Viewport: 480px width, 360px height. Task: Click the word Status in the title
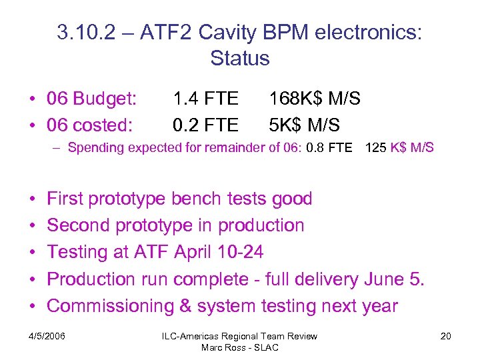coord(239,59)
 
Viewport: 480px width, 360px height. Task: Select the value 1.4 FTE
coord(205,99)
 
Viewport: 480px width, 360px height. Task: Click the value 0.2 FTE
coord(205,125)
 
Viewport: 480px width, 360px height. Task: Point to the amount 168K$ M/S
coord(315,99)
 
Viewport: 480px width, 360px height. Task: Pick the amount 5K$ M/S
coord(304,125)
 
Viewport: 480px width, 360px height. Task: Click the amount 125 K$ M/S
coord(399,148)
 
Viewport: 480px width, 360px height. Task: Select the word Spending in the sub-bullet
coord(93,148)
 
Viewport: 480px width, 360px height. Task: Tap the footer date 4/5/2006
coord(47,336)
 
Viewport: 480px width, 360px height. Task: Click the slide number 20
coord(445,336)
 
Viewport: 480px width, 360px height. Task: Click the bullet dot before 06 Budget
coord(32,100)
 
